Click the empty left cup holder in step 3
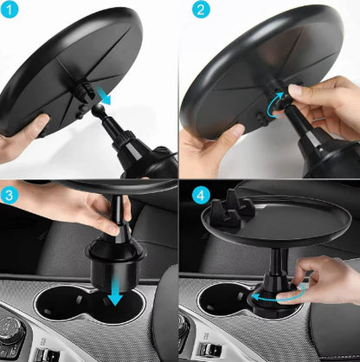click(61, 307)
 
